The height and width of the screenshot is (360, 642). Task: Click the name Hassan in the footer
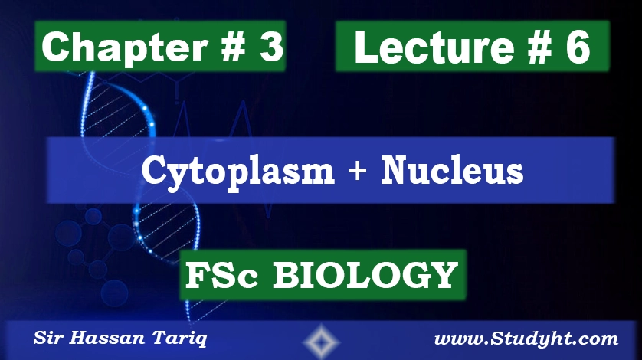click(100, 339)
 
